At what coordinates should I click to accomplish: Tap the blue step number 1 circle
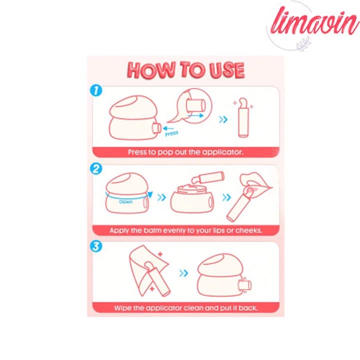[96, 90]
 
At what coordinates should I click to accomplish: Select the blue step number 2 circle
[96, 169]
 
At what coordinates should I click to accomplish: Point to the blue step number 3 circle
[96, 246]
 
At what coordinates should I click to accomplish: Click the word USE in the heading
[227, 70]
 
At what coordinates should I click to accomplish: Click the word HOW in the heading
[151, 69]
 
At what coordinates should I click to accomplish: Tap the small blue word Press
[171, 133]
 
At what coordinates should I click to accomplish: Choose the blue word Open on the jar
[125, 202]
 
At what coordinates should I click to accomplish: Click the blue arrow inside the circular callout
[195, 115]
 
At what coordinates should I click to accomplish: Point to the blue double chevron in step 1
[223, 119]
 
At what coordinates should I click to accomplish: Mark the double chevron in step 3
[183, 273]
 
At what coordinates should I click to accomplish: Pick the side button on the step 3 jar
[245, 285]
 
